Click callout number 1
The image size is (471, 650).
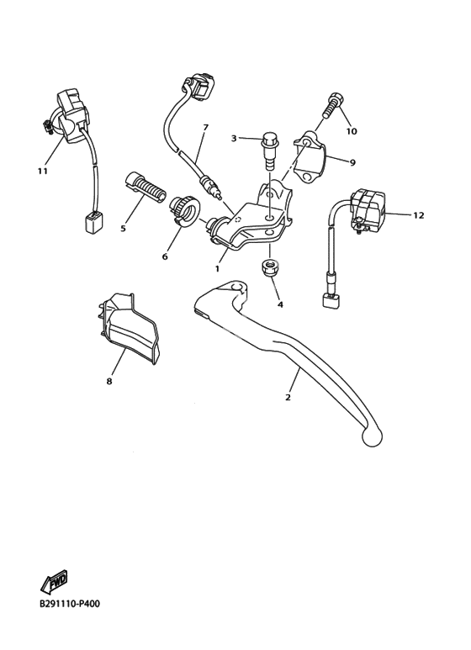click(217, 268)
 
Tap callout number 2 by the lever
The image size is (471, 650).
click(288, 397)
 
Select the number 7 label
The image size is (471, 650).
click(205, 127)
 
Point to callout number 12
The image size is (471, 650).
click(419, 215)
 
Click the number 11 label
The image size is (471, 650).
click(43, 171)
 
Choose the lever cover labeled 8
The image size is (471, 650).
click(129, 327)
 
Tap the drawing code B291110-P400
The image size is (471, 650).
click(70, 604)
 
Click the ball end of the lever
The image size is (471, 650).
click(371, 436)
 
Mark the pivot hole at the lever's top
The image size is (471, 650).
click(236, 287)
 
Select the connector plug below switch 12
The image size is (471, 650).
click(331, 300)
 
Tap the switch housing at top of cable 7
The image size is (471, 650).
click(198, 86)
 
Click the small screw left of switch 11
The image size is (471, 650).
click(48, 126)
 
